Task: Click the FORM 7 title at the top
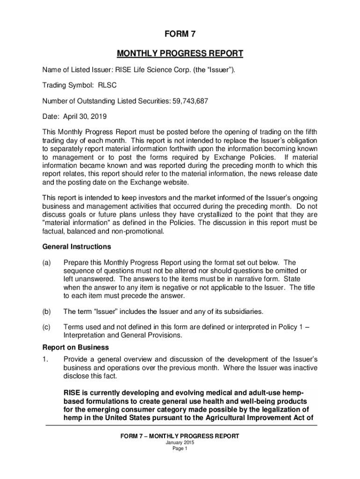coord(180,34)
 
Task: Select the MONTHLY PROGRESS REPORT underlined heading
coord(180,53)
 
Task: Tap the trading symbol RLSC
coord(107,86)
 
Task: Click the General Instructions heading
coord(77,247)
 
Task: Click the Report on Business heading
coord(75,348)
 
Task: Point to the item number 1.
coord(45,359)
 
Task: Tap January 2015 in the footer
coord(180,443)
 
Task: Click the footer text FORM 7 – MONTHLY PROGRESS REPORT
coord(180,436)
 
